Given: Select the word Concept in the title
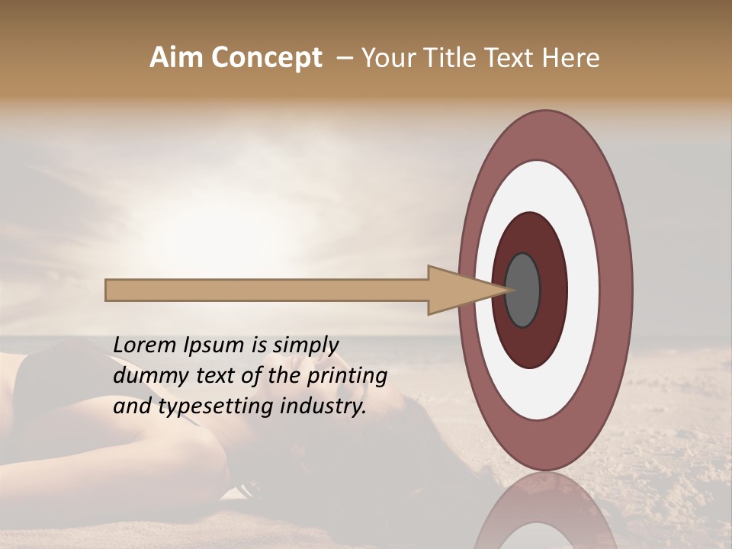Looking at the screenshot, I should tap(266, 58).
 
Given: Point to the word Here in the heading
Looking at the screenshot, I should tap(571, 58).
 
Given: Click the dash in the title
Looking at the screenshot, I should tap(344, 58).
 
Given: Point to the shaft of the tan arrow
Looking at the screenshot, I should tap(267, 290).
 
